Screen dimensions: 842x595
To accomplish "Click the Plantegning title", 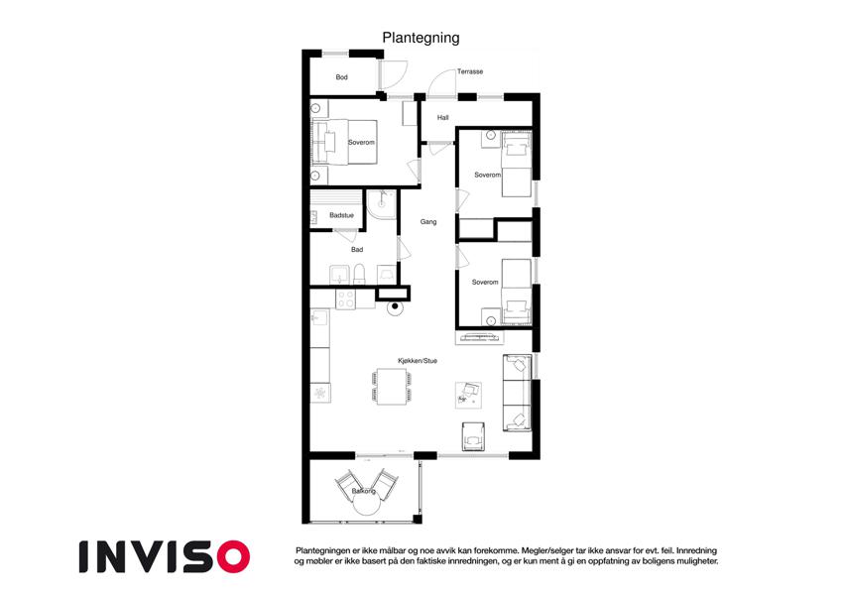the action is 421,38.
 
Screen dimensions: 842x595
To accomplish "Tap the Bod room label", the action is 341,77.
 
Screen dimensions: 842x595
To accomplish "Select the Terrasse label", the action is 470,71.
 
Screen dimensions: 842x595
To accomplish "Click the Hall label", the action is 442,118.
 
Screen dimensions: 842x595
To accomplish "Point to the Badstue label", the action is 341,215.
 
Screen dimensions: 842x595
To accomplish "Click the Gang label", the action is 428,222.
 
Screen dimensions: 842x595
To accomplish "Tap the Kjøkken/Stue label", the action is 418,361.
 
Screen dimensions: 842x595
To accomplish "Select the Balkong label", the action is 364,491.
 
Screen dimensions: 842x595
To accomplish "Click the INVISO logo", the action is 165,557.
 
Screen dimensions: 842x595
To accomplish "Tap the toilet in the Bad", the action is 359,274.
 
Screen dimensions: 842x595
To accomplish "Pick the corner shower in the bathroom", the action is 382,204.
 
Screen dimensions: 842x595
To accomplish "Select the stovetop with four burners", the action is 345,299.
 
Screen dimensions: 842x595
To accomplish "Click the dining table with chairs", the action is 392,386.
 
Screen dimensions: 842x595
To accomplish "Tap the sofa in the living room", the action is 517,393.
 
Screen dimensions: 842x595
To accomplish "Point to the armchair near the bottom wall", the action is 473,436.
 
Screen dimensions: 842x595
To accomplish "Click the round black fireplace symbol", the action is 396,306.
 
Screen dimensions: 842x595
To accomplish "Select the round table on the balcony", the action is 367,506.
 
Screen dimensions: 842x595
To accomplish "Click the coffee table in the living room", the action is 468,395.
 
